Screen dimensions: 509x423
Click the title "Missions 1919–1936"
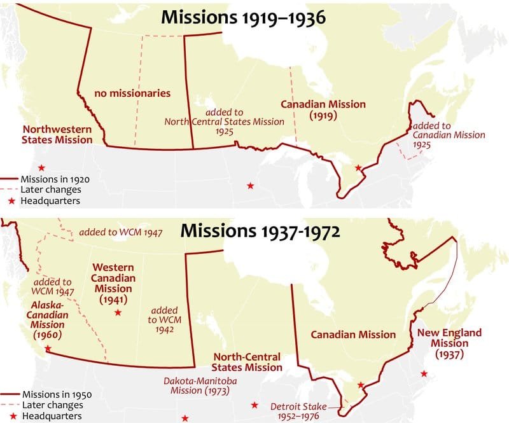(243, 17)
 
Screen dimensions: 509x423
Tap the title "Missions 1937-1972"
(261, 230)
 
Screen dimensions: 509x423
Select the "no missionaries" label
(132, 94)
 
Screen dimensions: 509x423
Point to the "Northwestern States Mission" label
(57, 134)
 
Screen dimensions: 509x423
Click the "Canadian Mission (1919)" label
(323, 110)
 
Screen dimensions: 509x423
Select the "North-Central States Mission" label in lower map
(247, 362)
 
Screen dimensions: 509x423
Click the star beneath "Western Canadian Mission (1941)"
(118, 313)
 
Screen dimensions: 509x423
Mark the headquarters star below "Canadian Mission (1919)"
(358, 168)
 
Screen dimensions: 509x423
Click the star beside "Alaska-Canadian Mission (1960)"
(46, 349)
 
